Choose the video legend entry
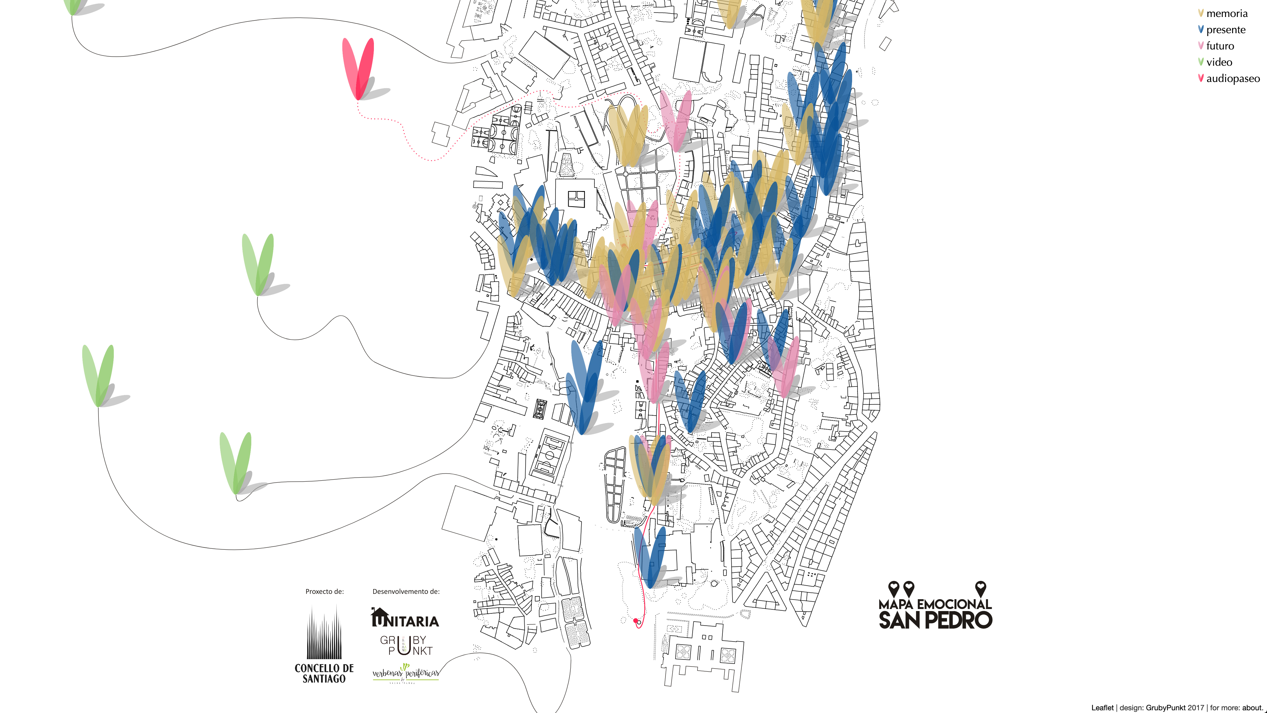tap(1219, 62)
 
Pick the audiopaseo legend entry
tap(1232, 79)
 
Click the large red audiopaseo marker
tap(358, 69)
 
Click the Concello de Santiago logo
tap(324, 645)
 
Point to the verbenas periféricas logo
tap(405, 673)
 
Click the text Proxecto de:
tap(324, 591)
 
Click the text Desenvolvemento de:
tap(406, 591)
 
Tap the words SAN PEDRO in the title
tap(935, 620)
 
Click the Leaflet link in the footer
tap(1102, 708)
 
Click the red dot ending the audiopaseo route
tap(635, 621)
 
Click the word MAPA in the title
tap(896, 604)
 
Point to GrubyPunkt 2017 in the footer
tap(1175, 708)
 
